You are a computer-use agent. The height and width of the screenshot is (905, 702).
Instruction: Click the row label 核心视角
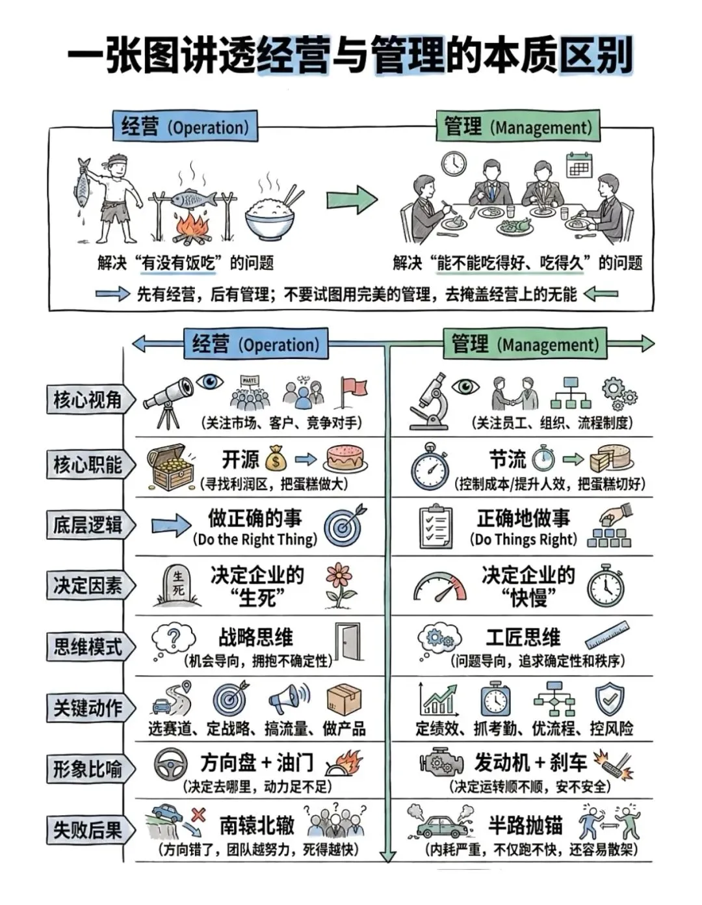(x=88, y=399)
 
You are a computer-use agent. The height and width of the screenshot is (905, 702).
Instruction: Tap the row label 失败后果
(x=88, y=830)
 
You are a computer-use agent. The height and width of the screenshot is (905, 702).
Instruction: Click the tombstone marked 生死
(x=177, y=586)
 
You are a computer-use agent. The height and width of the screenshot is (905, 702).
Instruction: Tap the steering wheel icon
(x=172, y=764)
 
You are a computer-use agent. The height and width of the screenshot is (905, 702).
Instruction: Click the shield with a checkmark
(x=610, y=699)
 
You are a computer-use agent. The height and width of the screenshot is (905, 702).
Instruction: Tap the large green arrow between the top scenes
(x=352, y=200)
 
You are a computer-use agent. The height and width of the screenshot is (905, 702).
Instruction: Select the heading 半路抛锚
(x=525, y=825)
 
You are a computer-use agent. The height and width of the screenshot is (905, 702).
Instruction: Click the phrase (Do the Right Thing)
(x=255, y=539)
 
